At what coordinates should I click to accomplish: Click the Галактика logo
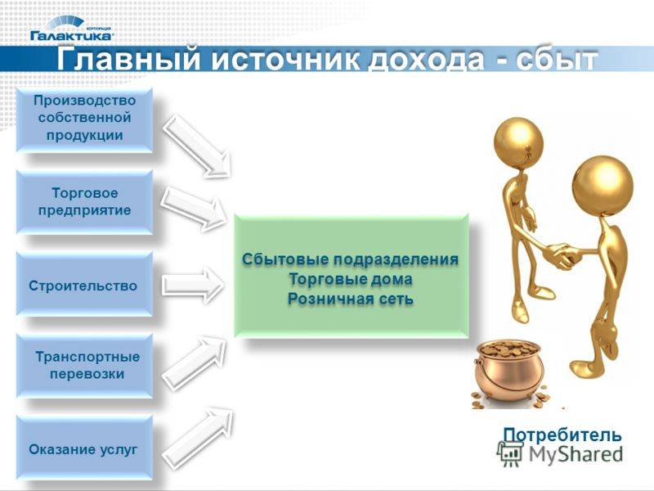click(x=71, y=29)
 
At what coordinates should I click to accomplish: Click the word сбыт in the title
click(x=556, y=60)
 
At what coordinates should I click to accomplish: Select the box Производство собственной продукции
click(x=85, y=119)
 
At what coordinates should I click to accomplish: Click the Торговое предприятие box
click(x=85, y=201)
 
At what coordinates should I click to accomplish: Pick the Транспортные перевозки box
click(x=85, y=366)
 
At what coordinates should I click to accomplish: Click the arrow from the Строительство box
click(x=192, y=285)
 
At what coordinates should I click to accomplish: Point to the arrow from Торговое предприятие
click(x=194, y=207)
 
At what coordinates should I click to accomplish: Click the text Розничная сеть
click(x=351, y=299)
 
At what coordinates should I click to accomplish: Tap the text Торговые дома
click(x=351, y=279)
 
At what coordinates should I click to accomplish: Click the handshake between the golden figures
click(x=562, y=255)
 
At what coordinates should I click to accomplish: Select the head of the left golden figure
click(x=518, y=141)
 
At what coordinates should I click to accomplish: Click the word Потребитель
click(x=562, y=435)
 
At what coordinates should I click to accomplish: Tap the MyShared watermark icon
click(x=509, y=453)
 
